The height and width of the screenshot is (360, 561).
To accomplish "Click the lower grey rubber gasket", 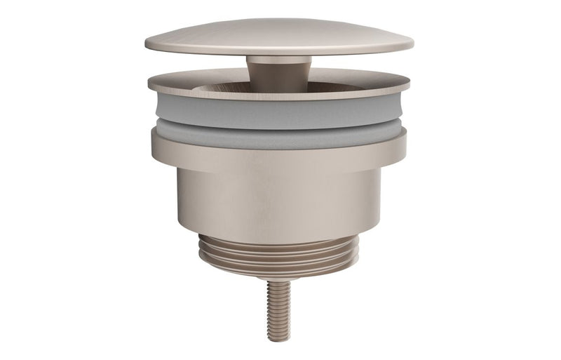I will coord(278,135).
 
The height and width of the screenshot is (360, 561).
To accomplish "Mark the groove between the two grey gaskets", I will coord(278,121).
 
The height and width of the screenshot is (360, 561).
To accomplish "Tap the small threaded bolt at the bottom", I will coord(278,309).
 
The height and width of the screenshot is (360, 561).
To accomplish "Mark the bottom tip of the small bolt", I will coord(278,339).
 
